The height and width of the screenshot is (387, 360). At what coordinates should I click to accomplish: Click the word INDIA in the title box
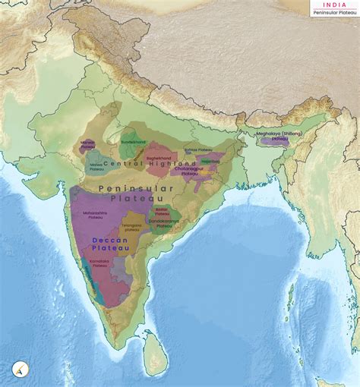click(334, 5)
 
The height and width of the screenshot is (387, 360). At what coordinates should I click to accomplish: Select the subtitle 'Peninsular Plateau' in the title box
click(334, 12)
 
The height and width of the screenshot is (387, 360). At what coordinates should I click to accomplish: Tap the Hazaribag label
click(210, 161)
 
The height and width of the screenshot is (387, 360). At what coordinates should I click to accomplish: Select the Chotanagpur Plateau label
click(197, 171)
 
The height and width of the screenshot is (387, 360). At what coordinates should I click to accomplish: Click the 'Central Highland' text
click(139, 164)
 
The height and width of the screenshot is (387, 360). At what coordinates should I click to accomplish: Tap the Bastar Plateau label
click(161, 211)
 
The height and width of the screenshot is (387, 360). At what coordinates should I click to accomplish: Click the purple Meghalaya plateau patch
click(275, 142)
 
